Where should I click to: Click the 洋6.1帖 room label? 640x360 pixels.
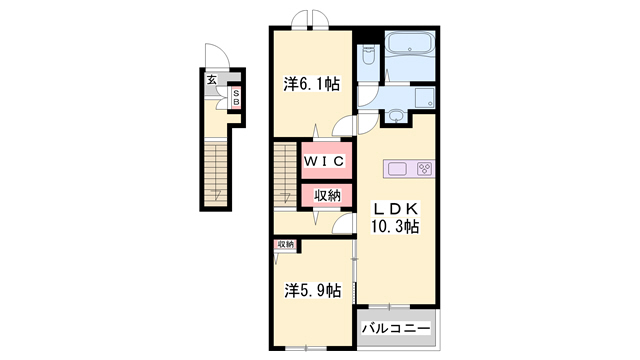[x=312, y=84]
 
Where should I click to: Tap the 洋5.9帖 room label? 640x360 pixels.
[x=313, y=291]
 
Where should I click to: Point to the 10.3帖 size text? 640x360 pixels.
[x=395, y=226]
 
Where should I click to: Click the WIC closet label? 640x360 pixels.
[x=324, y=161]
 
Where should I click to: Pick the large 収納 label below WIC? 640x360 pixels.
[x=327, y=196]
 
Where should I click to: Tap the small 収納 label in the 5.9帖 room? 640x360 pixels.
[x=285, y=244]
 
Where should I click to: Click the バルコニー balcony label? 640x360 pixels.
[x=396, y=328]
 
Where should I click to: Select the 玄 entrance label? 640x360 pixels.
[x=211, y=80]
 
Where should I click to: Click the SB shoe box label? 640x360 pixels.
[x=236, y=98]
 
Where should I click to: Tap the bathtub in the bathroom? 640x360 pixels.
[x=410, y=42]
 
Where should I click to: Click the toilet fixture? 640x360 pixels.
[x=369, y=55]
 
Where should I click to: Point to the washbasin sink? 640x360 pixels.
[x=395, y=116]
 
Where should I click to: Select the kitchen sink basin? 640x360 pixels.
[x=397, y=169]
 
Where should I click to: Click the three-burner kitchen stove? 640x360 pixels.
[x=425, y=169]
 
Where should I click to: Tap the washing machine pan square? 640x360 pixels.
[x=425, y=98]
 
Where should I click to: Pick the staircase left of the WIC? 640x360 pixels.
[x=284, y=174]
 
